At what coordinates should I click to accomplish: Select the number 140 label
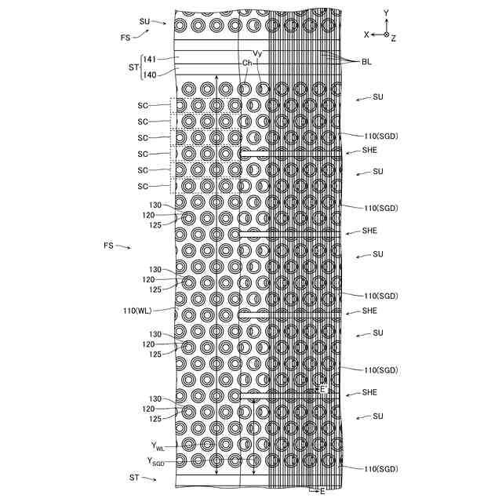click(x=149, y=75)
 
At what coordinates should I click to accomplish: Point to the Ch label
click(x=247, y=63)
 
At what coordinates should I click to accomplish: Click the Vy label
click(x=257, y=54)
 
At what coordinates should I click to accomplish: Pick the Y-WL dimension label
click(x=158, y=447)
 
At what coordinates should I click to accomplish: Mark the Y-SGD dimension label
click(x=155, y=462)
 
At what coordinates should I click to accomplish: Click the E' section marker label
click(x=322, y=389)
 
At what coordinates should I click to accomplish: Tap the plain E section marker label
click(x=322, y=491)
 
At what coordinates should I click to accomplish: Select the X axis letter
click(x=366, y=35)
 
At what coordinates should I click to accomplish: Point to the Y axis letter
click(x=386, y=13)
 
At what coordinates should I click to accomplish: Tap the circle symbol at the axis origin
click(x=386, y=35)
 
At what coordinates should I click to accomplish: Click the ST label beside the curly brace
click(x=132, y=67)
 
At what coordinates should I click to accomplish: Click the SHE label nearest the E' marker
click(x=370, y=392)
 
